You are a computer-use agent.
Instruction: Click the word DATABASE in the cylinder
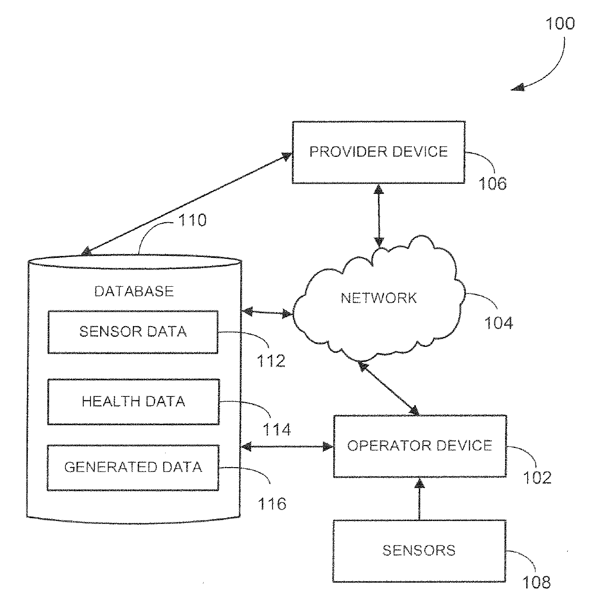(x=134, y=292)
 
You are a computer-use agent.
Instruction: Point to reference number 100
(x=560, y=24)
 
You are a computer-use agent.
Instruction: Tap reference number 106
(x=493, y=184)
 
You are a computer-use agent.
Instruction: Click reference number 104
(x=498, y=323)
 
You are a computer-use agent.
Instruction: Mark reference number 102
(x=537, y=478)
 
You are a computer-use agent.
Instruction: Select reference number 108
(x=536, y=582)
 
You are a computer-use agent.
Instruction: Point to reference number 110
(x=192, y=220)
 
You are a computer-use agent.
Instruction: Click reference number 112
(x=271, y=361)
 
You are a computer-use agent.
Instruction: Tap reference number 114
(x=276, y=430)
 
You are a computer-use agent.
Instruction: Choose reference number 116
(x=272, y=504)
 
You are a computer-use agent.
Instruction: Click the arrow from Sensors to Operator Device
(x=419, y=498)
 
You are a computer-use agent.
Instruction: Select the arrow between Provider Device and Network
(x=379, y=216)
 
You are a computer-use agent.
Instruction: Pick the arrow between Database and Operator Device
(x=287, y=446)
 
